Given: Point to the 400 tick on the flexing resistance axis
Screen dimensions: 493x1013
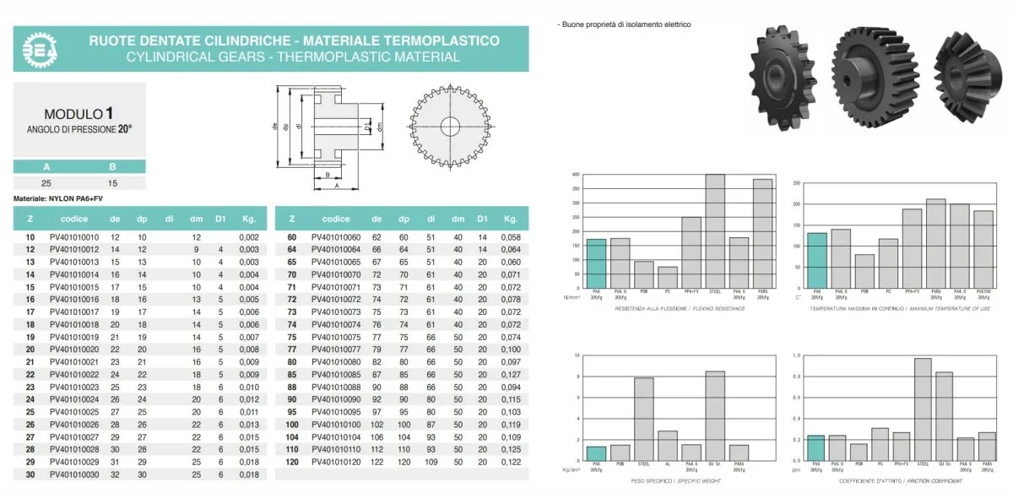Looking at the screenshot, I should coord(576,175).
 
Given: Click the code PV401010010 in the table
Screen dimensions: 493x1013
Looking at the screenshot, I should coord(74,238).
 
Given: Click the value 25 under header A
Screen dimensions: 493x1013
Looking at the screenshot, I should coord(47,182).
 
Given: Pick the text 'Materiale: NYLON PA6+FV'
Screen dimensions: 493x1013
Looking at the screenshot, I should coord(58,198).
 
